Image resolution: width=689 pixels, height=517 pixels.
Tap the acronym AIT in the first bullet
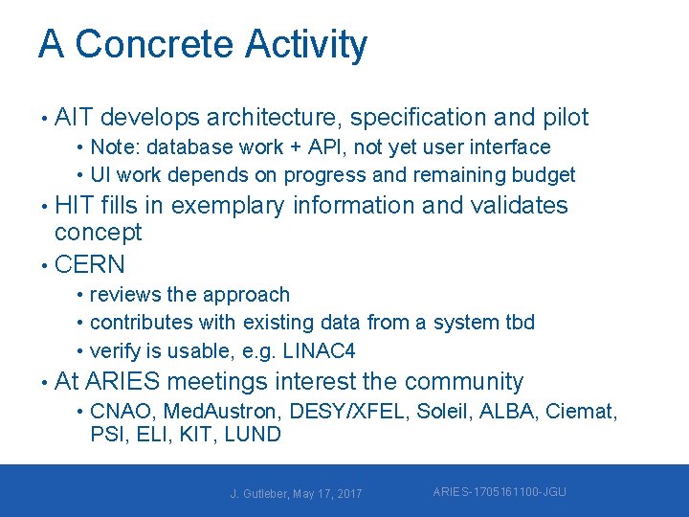74,118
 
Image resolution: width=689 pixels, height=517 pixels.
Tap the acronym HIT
74,206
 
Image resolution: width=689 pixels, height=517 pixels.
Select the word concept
98,233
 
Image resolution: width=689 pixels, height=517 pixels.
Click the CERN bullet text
90,264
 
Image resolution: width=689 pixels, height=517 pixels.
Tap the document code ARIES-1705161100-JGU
499,492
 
